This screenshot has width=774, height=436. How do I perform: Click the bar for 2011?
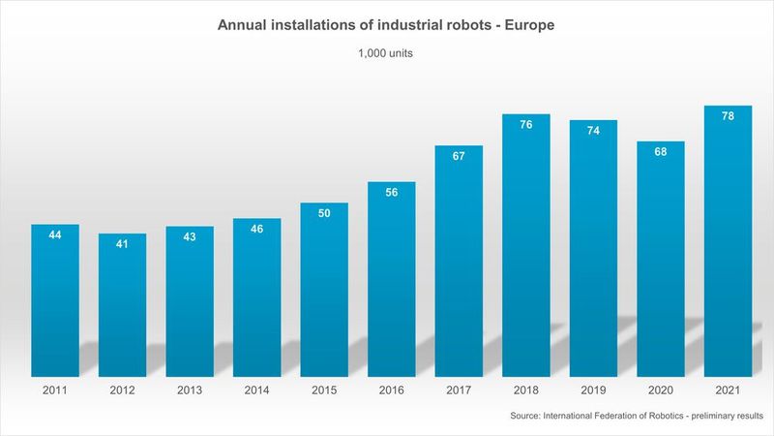pyautogui.click(x=54, y=300)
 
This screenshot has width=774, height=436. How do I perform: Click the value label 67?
pyautogui.click(x=459, y=156)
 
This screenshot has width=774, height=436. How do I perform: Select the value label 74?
pyautogui.click(x=593, y=131)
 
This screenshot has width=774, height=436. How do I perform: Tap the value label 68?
pyautogui.click(x=661, y=152)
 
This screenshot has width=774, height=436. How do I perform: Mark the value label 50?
pyautogui.click(x=324, y=213)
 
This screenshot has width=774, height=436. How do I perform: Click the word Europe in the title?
pyautogui.click(x=529, y=23)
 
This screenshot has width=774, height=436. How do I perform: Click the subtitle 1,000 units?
pyautogui.click(x=386, y=54)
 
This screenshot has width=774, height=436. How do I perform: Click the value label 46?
pyautogui.click(x=256, y=230)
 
